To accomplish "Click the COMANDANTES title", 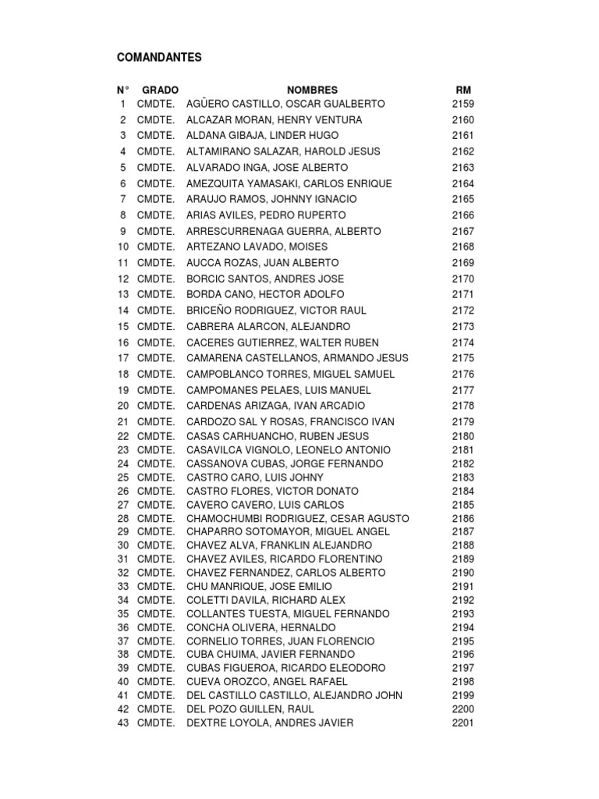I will pos(159,58).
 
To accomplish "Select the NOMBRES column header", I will pos(312,91).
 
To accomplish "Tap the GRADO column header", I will pos(160,91).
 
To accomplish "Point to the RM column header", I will pos(463,91).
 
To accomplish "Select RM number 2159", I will pos(463,104).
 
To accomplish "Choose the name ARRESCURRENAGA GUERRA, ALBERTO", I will pos(284,231).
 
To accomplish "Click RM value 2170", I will pos(463,279).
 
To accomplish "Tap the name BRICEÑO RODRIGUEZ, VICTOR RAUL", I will pos(276,311).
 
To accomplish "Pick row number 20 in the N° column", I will pos(123,406).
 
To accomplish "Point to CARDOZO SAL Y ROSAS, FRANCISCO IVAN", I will pos(290,422).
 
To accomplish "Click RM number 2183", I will pos(463,478).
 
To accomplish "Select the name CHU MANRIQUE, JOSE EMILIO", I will pos(259,586).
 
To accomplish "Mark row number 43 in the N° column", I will pos(123,723).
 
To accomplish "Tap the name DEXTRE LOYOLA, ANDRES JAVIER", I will pos(270,723).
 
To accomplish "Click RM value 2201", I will pos(463,723).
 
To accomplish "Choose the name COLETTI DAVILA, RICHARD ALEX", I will pos(265,600).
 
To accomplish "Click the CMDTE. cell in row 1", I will pos(156,104).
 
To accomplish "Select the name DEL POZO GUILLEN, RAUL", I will pos(250,709).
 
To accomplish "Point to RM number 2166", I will pos(463,215).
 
